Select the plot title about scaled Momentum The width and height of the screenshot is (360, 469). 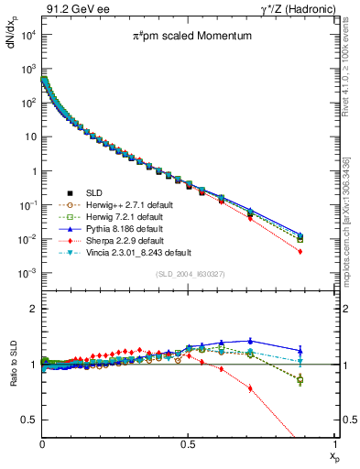(180, 38)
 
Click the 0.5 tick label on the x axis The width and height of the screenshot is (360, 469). (188, 443)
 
